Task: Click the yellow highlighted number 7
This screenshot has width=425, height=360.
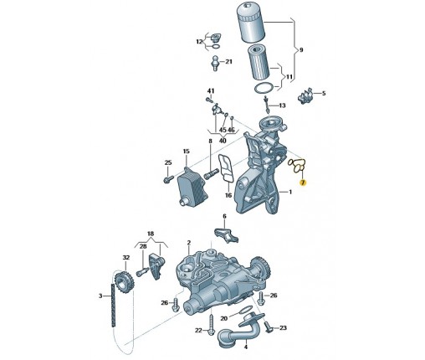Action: pyautogui.click(x=303, y=183)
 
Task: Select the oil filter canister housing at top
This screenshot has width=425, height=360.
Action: pyautogui.click(x=250, y=24)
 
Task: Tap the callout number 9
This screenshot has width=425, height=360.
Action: pyautogui.click(x=301, y=50)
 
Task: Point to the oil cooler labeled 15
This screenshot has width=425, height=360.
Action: pyautogui.click(x=192, y=187)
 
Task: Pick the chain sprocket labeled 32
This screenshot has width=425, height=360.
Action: pyautogui.click(x=125, y=283)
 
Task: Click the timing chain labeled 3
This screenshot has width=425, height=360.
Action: pyautogui.click(x=113, y=306)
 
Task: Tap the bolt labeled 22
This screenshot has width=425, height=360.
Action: pyautogui.click(x=212, y=324)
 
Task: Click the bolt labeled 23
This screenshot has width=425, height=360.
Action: pyautogui.click(x=268, y=327)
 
